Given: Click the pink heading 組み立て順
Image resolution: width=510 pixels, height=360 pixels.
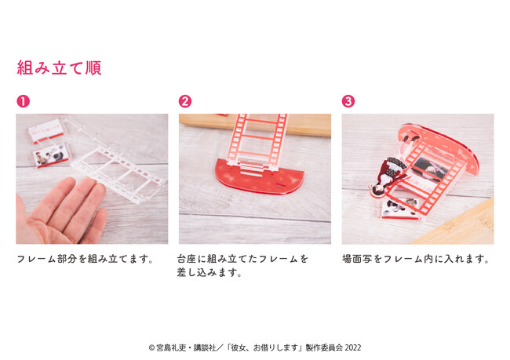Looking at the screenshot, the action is [x=59, y=67].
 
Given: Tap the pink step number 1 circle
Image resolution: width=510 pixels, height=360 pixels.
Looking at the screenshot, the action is [x=23, y=101].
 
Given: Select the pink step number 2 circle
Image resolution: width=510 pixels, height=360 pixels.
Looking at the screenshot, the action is [x=185, y=101].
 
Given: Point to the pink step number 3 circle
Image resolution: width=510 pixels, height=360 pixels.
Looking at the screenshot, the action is [x=348, y=101].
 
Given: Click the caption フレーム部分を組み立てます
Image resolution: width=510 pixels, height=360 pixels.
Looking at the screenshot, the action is [x=86, y=259].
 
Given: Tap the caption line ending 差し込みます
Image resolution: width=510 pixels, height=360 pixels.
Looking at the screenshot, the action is [x=209, y=272].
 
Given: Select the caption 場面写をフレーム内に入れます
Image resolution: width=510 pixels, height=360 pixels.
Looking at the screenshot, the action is [x=416, y=259].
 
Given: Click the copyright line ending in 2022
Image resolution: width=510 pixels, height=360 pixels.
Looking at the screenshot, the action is [x=255, y=347].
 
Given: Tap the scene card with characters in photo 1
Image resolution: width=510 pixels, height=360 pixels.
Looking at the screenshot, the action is [x=50, y=155].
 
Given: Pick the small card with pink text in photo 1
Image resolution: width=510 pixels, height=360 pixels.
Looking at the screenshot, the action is [x=46, y=130].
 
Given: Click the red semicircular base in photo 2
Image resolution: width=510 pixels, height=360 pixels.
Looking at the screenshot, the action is [x=259, y=177].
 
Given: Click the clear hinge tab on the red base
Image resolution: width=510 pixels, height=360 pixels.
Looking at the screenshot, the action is [x=252, y=169].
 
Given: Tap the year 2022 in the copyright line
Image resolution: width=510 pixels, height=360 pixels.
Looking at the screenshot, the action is [x=353, y=347].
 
